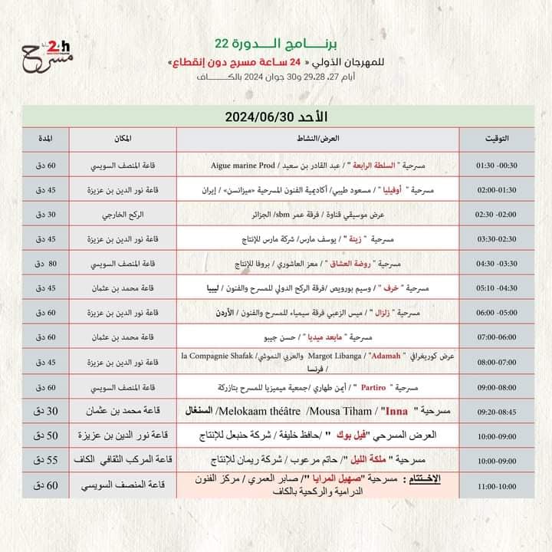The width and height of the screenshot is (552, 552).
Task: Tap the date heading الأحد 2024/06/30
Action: [x=275, y=116]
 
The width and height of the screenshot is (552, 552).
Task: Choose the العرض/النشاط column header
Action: [x=317, y=139]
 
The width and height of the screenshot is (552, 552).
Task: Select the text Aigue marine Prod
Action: [x=243, y=165]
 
